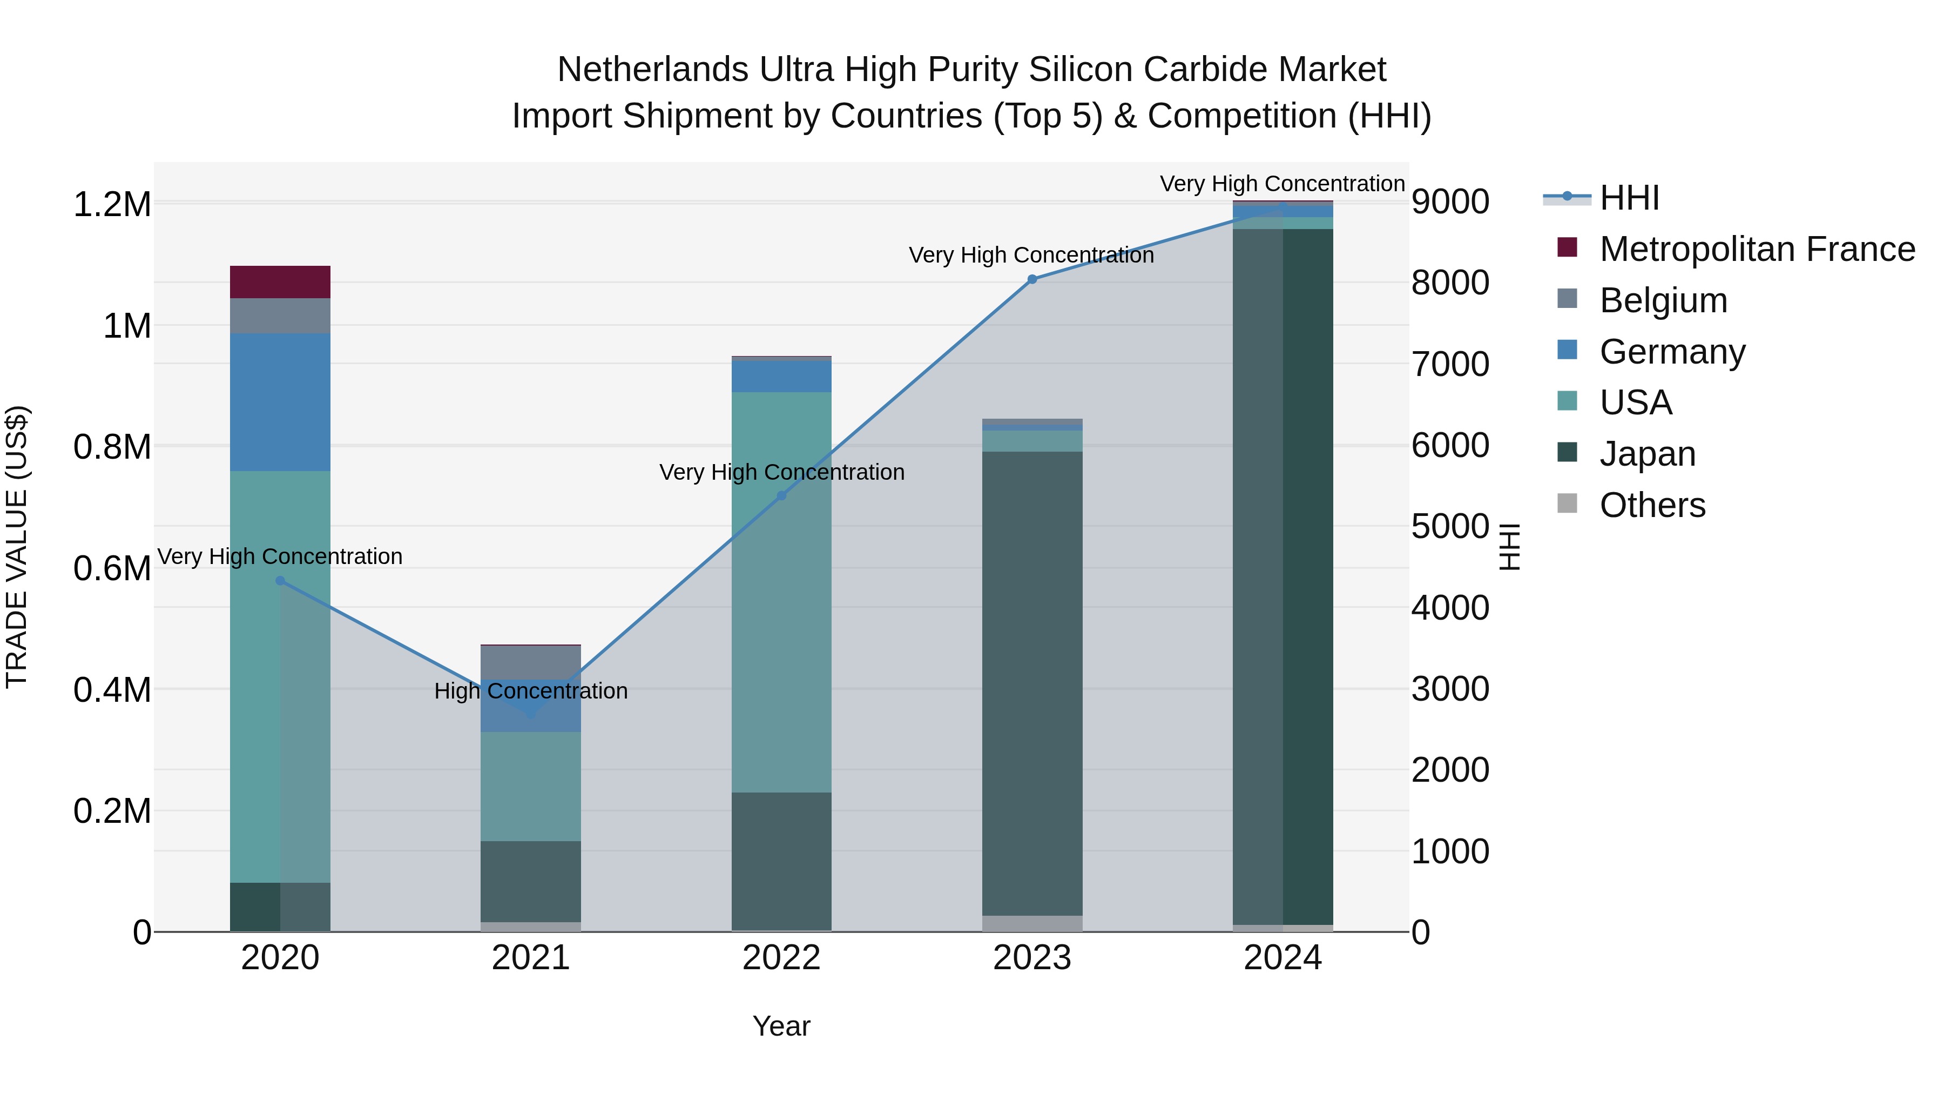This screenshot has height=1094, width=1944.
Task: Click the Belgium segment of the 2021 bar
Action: coord(530,663)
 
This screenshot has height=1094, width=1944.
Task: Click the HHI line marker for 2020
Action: coord(280,581)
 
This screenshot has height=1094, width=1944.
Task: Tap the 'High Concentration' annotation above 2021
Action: coord(530,691)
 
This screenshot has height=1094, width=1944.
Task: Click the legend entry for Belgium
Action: coord(1663,300)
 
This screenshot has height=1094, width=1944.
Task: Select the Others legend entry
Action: coord(1652,505)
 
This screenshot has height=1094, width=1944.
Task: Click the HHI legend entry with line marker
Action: coord(1629,198)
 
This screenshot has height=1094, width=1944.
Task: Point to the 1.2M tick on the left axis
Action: coord(112,205)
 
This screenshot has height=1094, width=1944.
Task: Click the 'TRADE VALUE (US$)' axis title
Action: coord(17,547)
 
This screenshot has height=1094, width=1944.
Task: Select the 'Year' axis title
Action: coord(781,1026)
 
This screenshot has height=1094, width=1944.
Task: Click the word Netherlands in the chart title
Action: coord(653,70)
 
